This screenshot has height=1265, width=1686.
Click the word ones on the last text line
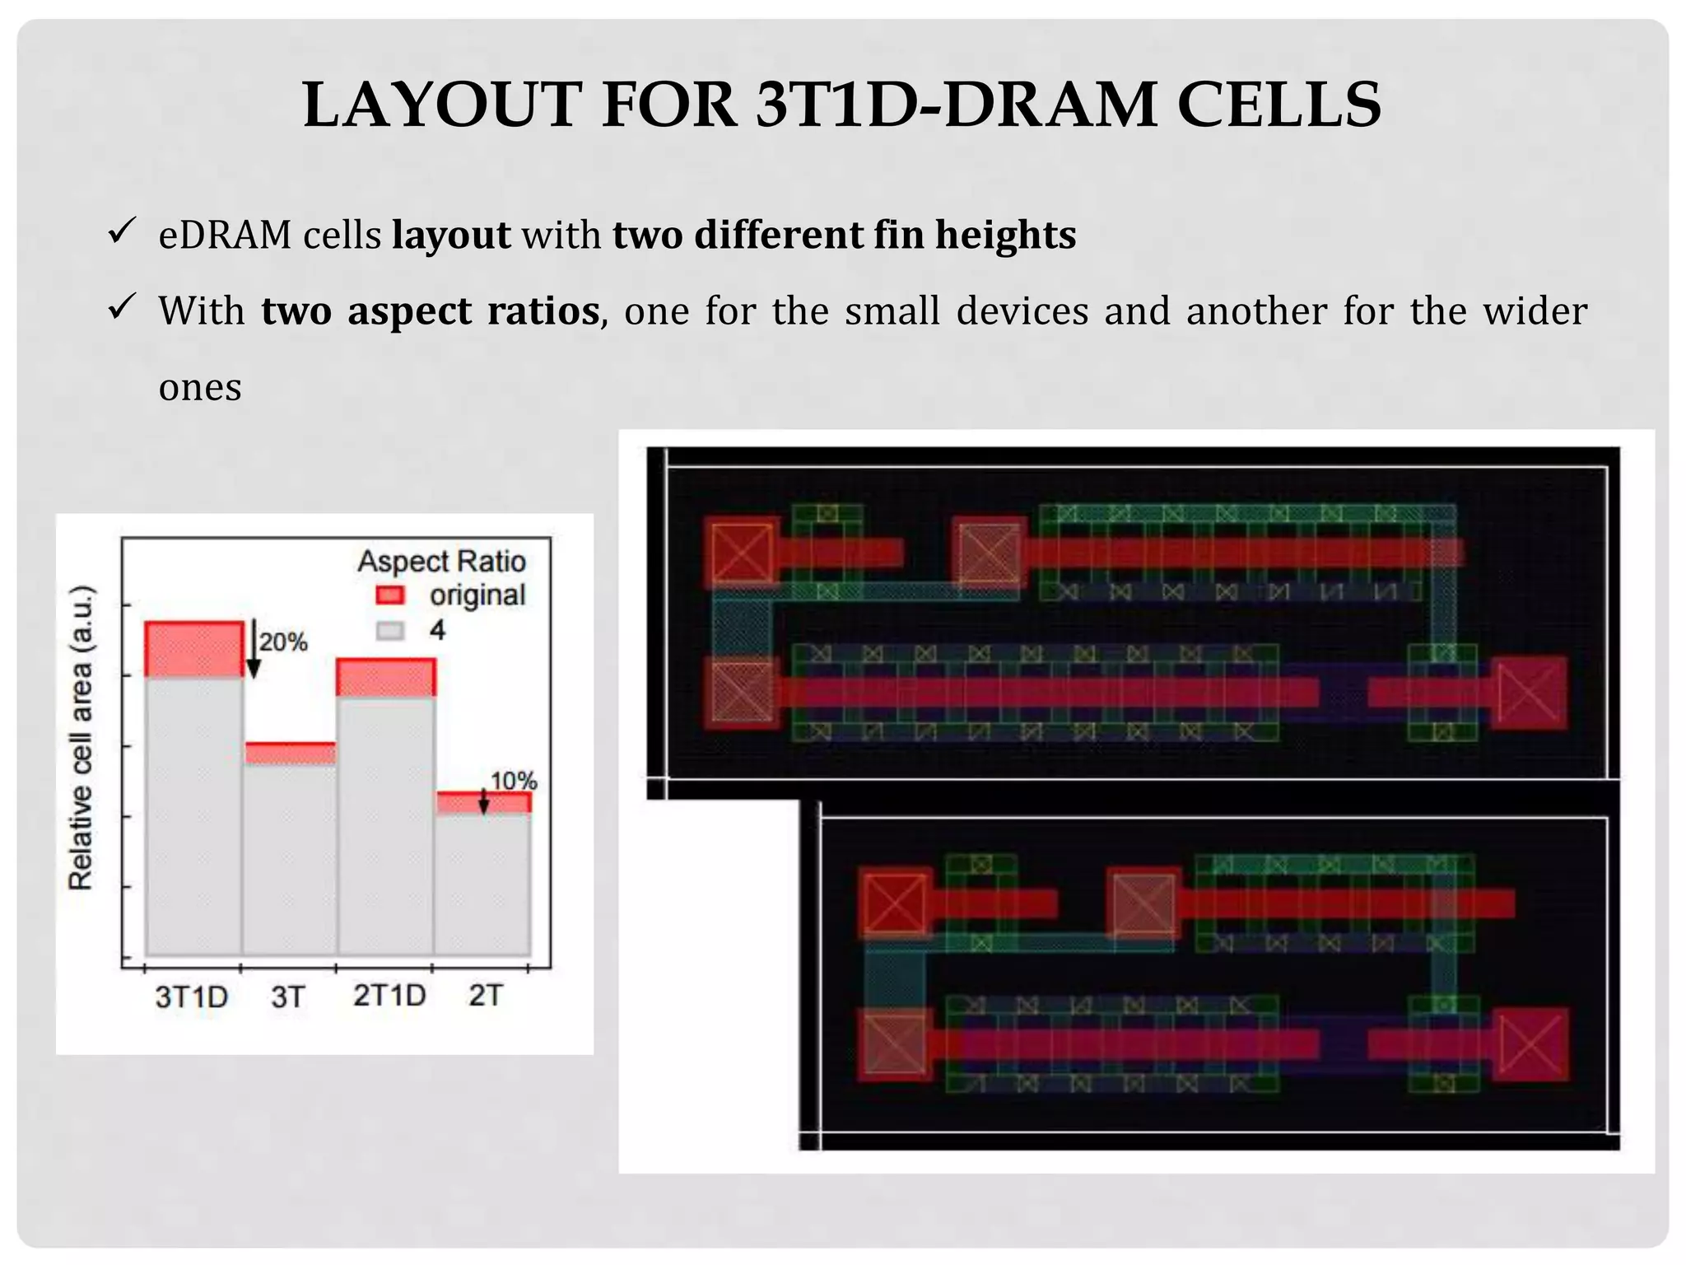(x=200, y=388)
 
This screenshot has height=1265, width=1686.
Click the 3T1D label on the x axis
(x=191, y=997)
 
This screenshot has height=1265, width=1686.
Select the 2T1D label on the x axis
(x=389, y=997)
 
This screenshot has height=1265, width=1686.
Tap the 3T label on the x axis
(x=287, y=997)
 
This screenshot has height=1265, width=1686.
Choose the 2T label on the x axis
(x=485, y=997)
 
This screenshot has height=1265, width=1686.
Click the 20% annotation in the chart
(x=284, y=642)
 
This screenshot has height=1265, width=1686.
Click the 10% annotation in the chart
(x=514, y=781)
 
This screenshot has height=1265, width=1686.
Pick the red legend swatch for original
(x=390, y=595)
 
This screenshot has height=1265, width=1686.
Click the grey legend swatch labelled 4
(x=390, y=631)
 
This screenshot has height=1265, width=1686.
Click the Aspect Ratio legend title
(x=441, y=562)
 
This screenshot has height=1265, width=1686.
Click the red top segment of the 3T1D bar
(x=194, y=649)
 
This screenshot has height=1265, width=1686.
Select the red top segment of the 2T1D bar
(x=386, y=678)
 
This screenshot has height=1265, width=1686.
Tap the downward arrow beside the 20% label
(x=254, y=651)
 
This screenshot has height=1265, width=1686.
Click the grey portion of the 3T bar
(x=290, y=857)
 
